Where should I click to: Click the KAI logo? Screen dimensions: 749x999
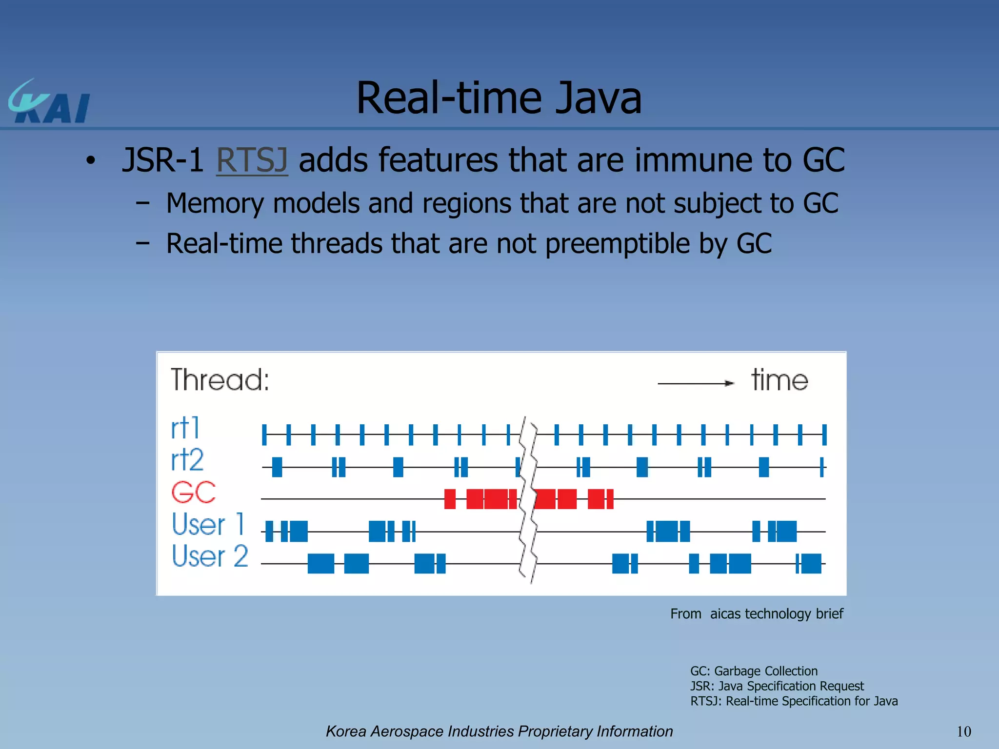49,102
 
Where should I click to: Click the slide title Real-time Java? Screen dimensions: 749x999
499,98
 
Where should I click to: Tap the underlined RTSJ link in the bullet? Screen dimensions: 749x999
252,160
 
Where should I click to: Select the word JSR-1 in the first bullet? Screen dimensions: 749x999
163,160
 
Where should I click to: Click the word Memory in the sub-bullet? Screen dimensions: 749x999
215,203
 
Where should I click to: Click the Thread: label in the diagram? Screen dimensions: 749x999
220,380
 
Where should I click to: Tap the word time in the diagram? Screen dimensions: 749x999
779,380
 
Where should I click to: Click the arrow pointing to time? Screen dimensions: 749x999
696,383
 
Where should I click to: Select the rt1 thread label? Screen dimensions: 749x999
185,428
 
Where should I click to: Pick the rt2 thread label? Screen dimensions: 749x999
187,459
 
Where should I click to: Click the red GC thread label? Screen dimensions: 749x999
194,492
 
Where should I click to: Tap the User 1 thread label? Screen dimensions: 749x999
208,524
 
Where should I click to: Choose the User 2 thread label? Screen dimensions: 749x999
210,556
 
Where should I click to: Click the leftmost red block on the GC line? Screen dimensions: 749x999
450,499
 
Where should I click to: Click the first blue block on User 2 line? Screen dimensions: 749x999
320,563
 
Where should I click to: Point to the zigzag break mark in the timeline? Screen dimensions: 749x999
528,500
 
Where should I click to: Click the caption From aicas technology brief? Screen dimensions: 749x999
757,613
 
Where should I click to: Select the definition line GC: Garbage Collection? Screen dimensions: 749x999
754,671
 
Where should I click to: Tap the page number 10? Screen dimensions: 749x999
963,731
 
